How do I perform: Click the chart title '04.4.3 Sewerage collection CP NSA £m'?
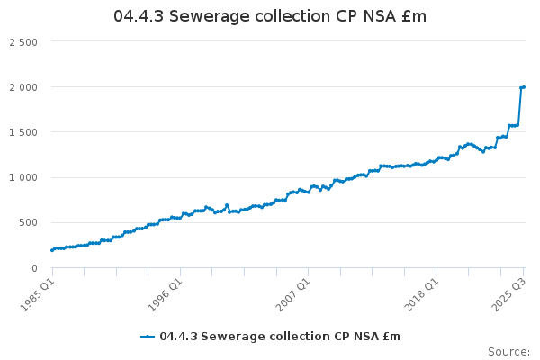click(270, 17)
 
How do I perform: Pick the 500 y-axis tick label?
click(29, 222)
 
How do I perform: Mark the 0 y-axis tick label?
click(34, 267)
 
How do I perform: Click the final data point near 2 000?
click(524, 87)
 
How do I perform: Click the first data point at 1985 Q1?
click(51, 249)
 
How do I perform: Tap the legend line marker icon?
click(148, 337)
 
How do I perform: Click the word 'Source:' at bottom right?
click(508, 351)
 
